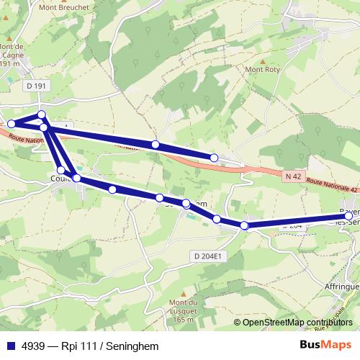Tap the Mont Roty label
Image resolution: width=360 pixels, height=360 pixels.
point(262,70)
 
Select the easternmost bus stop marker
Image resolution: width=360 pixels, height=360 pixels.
point(348,215)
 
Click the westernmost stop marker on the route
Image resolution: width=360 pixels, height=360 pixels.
point(12,124)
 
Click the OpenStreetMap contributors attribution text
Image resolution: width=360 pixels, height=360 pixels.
point(296,322)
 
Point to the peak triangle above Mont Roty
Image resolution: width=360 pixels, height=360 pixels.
point(262,60)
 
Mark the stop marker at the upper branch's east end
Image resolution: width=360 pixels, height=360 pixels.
point(214,157)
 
